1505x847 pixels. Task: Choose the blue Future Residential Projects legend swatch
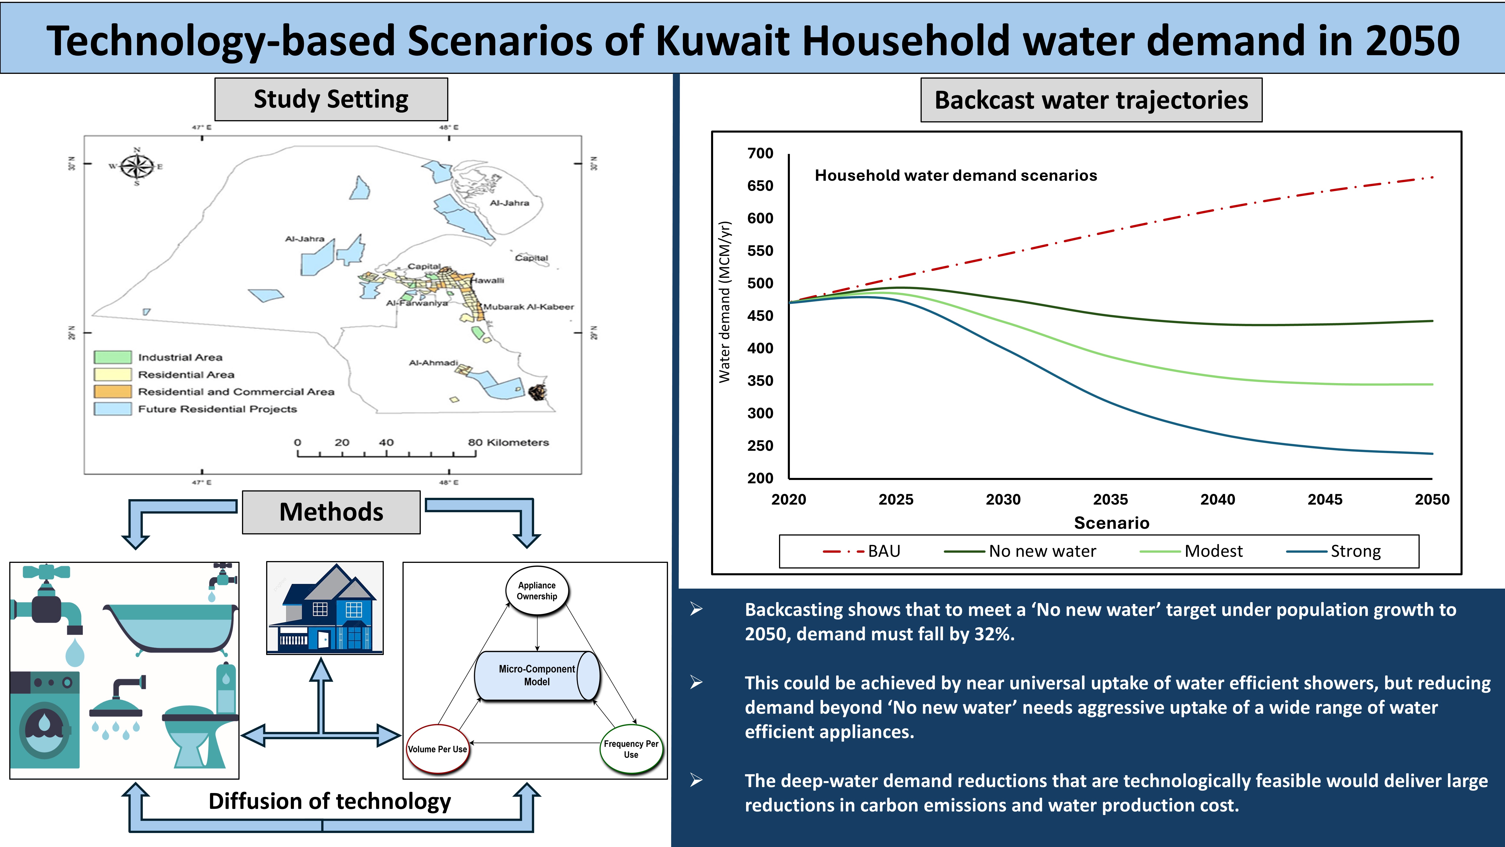(x=113, y=409)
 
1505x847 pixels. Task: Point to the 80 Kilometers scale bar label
(x=508, y=442)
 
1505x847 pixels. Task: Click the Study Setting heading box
(x=331, y=99)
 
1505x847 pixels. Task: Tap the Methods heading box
(x=331, y=512)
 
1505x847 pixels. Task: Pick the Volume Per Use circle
(x=438, y=749)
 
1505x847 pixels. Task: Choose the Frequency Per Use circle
(x=631, y=749)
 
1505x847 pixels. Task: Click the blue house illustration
(x=325, y=608)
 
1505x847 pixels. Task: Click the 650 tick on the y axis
(x=760, y=186)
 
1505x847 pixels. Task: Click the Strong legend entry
(x=1334, y=551)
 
